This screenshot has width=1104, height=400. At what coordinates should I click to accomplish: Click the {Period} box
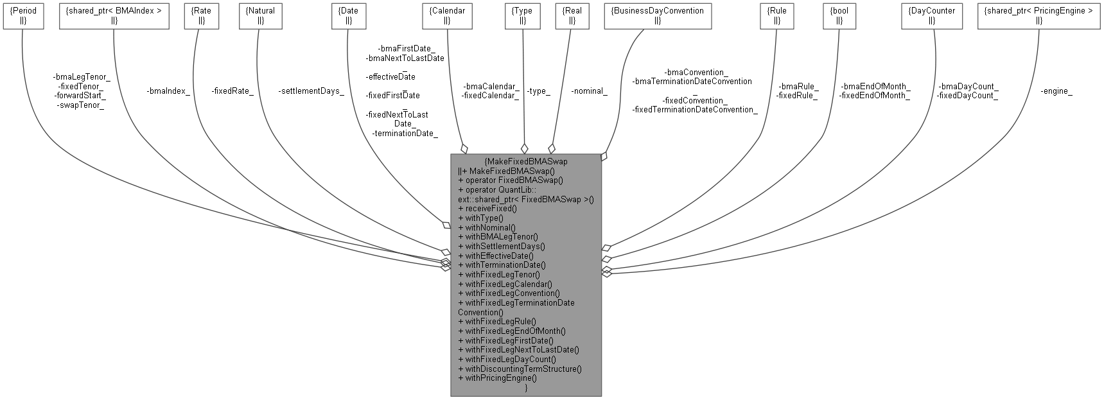point(24,15)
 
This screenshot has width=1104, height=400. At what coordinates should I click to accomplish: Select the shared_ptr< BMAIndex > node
point(114,15)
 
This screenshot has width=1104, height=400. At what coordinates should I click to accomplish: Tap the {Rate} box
point(201,15)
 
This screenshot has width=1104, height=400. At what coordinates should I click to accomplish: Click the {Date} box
point(348,15)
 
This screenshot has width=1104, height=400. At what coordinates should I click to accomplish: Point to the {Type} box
point(523,15)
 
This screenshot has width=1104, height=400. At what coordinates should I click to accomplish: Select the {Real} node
point(572,15)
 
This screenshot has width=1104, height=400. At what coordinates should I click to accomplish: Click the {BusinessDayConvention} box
point(658,15)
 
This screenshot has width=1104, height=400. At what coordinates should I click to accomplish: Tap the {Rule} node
point(776,15)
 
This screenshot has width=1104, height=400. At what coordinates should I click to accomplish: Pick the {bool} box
point(839,15)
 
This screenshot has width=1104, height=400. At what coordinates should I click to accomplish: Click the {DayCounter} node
point(932,15)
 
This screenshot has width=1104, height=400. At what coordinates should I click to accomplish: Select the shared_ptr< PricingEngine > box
point(1038,15)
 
